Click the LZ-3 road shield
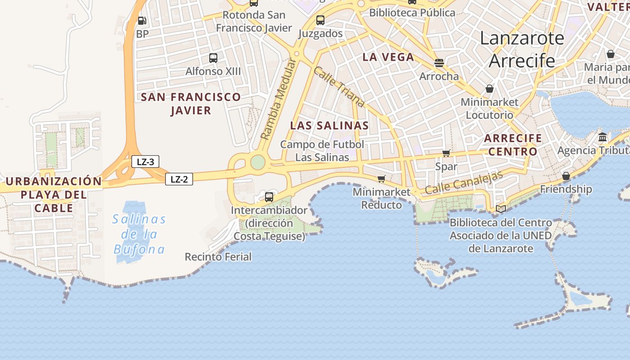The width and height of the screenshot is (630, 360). coord(145,162)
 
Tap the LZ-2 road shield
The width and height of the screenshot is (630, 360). coord(179,179)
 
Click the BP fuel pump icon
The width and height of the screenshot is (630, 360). coord(142,21)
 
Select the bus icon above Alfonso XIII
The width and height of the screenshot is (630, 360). coord(213,58)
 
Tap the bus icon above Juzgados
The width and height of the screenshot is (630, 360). coord(320,20)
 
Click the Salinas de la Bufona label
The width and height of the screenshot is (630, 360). coord(139,234)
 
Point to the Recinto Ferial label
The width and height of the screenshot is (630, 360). coord(218,257)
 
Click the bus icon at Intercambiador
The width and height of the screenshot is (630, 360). coord(269,197)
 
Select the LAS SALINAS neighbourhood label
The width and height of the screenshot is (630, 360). coord(329,126)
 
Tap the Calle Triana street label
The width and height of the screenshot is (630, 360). coord(339,87)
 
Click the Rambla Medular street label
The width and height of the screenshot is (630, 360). coord(279,100)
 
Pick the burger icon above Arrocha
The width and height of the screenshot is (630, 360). coord(439,63)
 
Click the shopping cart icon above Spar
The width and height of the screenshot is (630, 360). coord(446,153)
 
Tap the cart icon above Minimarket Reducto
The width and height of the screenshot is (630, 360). coord(381,179)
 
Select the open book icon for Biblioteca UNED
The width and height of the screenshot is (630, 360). coord(501,209)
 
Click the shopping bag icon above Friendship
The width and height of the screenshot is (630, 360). coord(566,176)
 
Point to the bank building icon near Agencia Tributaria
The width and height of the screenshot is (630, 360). coord(603,137)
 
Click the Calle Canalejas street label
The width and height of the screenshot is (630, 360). coord(463,183)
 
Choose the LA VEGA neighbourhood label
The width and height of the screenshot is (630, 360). coord(388,57)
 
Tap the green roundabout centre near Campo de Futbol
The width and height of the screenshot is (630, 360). coord(257,162)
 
